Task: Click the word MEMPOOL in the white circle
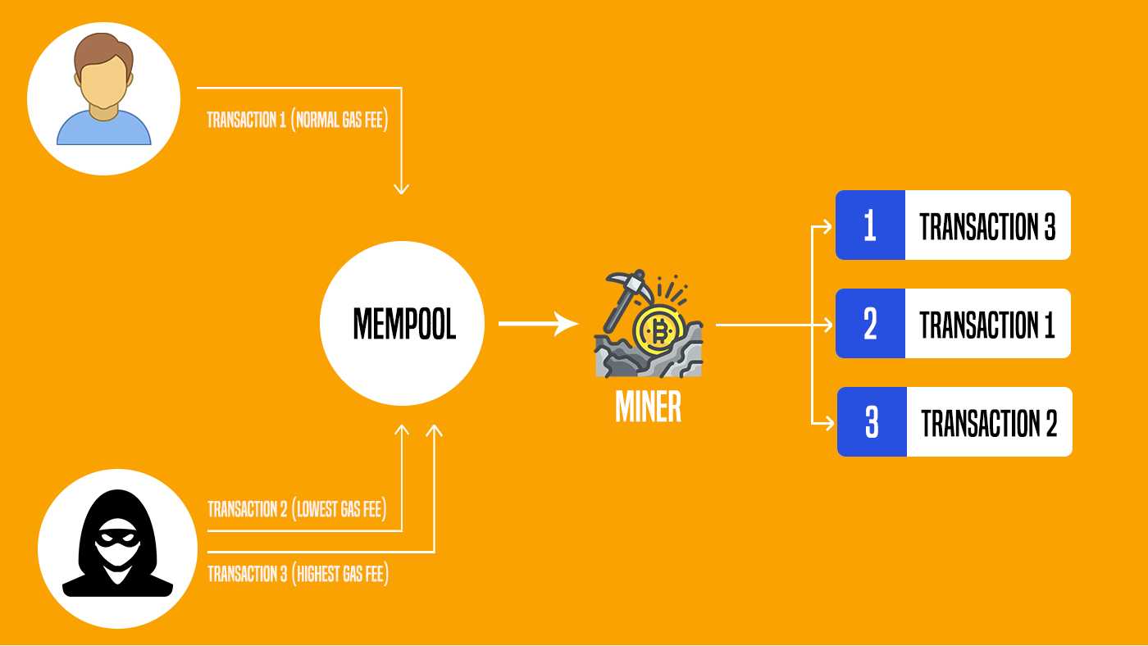pos(404,325)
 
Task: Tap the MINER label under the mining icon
pos(648,407)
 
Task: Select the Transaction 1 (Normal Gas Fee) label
pos(297,120)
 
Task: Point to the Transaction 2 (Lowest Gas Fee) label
pos(295,509)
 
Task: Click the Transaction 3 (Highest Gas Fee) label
pos(298,574)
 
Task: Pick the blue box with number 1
pos(870,225)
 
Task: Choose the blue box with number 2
pos(870,324)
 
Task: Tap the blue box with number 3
pos(872,422)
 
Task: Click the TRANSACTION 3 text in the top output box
pos(987,226)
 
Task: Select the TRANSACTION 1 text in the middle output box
pos(987,325)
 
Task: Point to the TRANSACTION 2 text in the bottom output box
pos(989,423)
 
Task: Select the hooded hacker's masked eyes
pos(117,542)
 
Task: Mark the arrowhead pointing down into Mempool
pos(401,189)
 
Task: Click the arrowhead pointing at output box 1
pos(829,225)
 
